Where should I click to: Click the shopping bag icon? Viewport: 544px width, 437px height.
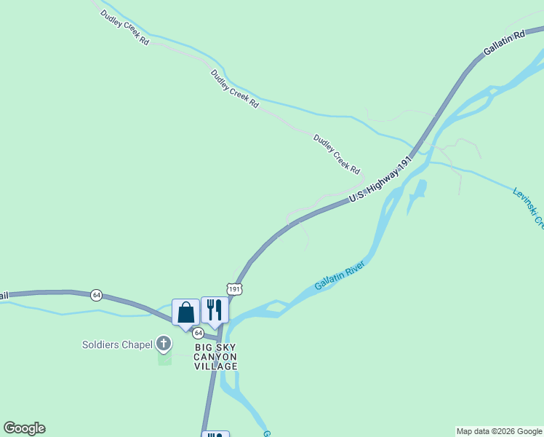coord(185,312)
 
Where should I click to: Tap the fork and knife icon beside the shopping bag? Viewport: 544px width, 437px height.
coord(215,310)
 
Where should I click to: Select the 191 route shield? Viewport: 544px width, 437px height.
coord(233,289)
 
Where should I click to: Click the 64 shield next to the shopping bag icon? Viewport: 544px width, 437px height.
coord(198,332)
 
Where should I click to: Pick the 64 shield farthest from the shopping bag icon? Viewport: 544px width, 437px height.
coord(97,295)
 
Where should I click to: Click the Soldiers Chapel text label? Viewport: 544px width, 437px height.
coord(117,345)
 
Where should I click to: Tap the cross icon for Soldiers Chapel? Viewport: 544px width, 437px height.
coord(164,343)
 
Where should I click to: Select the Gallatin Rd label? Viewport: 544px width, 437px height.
coord(503,44)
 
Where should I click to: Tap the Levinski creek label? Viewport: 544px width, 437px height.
coord(527,208)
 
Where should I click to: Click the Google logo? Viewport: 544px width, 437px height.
coord(24,428)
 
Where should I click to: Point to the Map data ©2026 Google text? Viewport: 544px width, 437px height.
coord(499,431)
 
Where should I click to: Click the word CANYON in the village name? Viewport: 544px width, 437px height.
coord(215,357)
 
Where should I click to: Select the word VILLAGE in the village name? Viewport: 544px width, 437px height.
coord(215,366)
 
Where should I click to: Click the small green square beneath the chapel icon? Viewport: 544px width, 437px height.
coord(164,359)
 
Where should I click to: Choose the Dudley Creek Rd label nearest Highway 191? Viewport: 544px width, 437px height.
coord(337,154)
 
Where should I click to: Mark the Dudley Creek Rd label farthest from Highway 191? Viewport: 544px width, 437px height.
coord(125,28)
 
